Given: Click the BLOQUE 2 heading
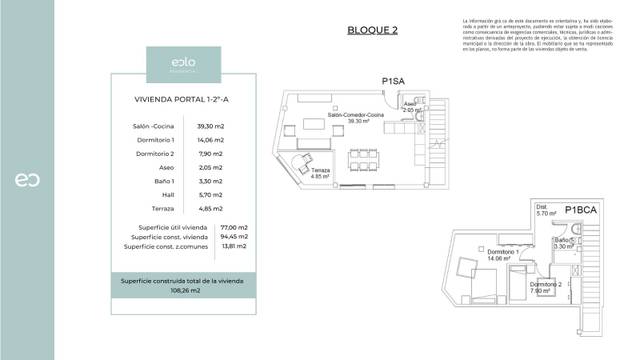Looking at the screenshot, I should (372, 29).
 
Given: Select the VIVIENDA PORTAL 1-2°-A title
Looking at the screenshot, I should (181, 100).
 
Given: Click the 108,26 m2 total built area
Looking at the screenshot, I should (181, 290).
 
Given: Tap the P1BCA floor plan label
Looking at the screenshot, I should (581, 210).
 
